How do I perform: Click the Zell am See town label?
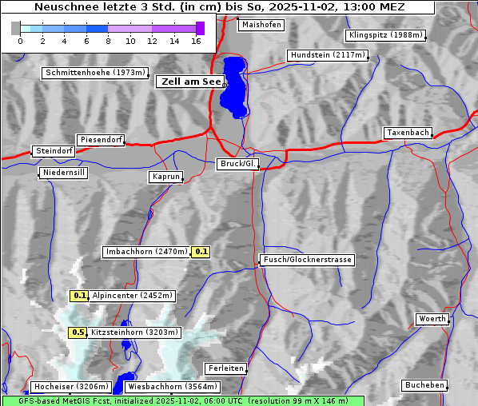tap(190, 82)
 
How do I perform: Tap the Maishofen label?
tap(261, 25)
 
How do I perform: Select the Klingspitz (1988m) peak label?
tap(384, 35)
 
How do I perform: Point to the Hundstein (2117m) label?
tap(327, 55)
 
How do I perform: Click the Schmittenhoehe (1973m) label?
tap(95, 73)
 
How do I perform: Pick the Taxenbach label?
tap(408, 133)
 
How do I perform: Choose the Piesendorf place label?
tap(101, 140)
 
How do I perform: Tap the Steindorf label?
tap(54, 151)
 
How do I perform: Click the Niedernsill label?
tap(63, 173)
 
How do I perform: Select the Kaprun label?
tap(166, 177)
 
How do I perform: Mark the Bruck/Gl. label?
tap(238, 164)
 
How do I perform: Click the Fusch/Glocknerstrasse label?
tap(308, 260)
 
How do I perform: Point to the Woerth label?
tap(432, 319)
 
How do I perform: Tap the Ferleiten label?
tap(225, 368)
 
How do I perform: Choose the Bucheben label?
tap(424, 385)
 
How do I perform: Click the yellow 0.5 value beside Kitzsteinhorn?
tap(78, 332)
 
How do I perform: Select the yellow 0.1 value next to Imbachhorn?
tap(201, 252)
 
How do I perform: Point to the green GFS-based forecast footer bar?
tap(182, 400)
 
